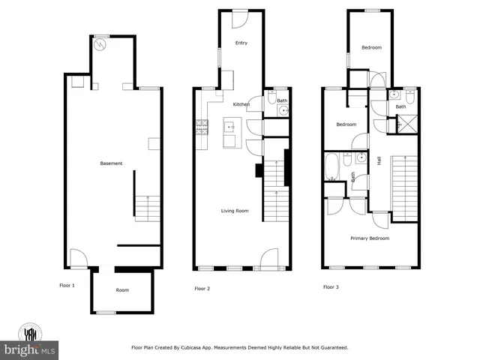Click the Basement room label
[111, 163]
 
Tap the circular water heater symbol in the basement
[100, 44]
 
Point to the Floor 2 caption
[202, 288]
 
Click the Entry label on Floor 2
[241, 43]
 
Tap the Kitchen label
[241, 104]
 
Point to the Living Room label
[234, 211]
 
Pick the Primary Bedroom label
[370, 238]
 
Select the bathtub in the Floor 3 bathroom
[332, 166]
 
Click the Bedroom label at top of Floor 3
[371, 48]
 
